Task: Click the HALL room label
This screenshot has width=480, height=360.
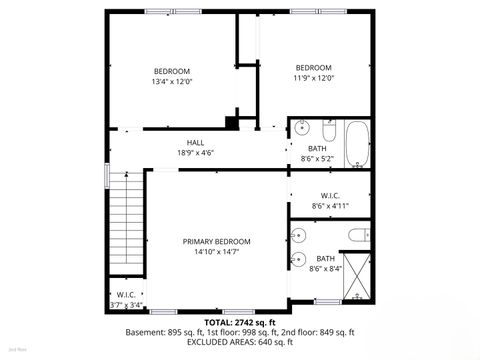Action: (x=196, y=142)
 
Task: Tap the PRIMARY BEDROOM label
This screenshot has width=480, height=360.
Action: (x=216, y=242)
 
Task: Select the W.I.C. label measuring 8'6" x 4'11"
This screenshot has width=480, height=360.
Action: (x=330, y=195)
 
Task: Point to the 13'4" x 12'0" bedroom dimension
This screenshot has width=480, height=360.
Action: (x=171, y=82)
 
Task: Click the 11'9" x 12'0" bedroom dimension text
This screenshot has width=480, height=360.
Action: (x=313, y=78)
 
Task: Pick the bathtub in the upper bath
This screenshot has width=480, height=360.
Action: (x=356, y=144)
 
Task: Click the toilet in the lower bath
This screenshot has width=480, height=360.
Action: (x=357, y=236)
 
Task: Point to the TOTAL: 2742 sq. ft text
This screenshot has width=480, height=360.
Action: (x=239, y=322)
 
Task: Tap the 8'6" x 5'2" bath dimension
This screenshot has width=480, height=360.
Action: (x=317, y=159)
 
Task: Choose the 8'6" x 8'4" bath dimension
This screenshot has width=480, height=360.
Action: (x=326, y=268)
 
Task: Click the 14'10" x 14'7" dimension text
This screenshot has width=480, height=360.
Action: (x=216, y=253)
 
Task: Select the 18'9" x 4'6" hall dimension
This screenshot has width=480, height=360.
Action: (x=196, y=152)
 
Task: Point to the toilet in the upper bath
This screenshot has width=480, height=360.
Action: (x=328, y=129)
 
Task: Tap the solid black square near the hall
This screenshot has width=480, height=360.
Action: (x=232, y=123)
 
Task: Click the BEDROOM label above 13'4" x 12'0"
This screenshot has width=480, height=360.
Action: (x=171, y=71)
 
